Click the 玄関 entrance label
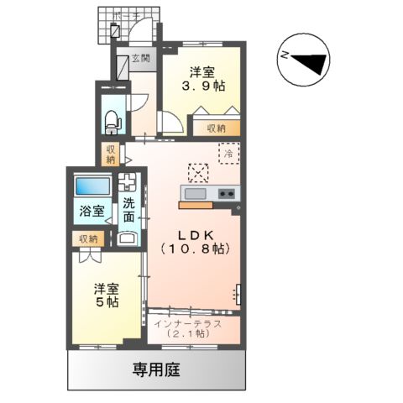pos(139,59)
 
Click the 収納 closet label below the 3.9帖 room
pos(216,128)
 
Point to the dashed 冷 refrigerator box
pos(228,154)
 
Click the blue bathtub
pos(90,186)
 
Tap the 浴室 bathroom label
pos(91,212)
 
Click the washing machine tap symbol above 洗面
pos(128,183)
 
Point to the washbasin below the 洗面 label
pos(128,238)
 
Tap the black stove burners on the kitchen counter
pos(226,194)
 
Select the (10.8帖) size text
pos(193,249)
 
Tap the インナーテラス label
pos(190,322)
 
